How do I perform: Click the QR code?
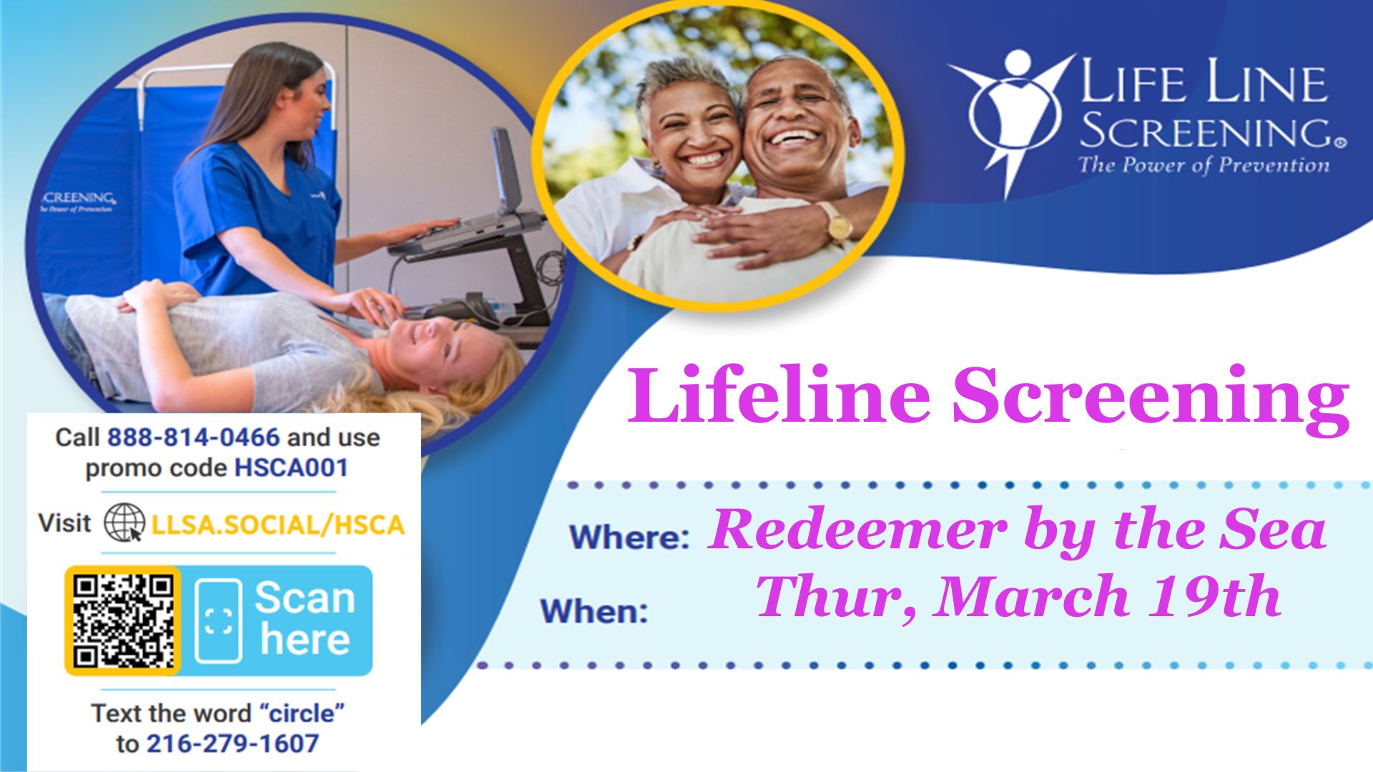pos(123,620)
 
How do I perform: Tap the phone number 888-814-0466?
pos(193,437)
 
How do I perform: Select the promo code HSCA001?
pos(292,468)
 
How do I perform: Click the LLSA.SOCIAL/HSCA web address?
pos(278,525)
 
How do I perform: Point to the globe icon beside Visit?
pos(124,523)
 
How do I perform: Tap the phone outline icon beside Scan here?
pos(218,620)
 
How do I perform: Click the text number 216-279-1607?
pos(232,744)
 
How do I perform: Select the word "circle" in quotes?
pos(302,713)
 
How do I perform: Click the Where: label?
pos(629,538)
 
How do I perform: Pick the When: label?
pos(594,612)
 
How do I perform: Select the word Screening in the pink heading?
pos(1151,396)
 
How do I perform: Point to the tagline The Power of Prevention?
pos(1204,165)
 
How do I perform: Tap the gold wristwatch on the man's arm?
pos(836,222)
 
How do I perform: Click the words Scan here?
pos(305,618)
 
